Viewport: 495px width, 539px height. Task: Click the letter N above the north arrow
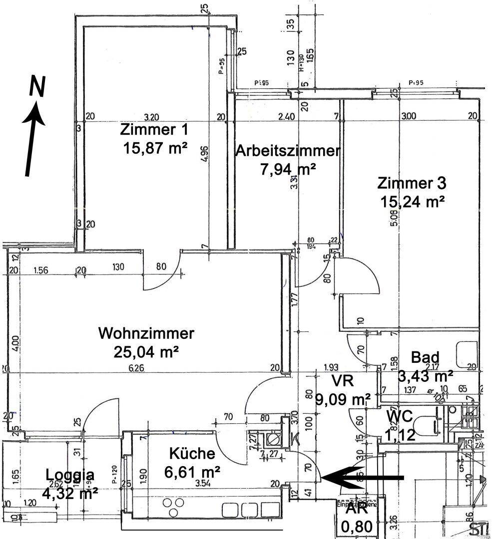point(37,86)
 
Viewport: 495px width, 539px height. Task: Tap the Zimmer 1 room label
point(154,130)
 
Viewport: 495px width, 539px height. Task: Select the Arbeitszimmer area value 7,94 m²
point(288,169)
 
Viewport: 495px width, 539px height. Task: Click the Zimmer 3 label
point(412,183)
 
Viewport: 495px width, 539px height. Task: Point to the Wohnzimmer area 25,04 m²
point(146,352)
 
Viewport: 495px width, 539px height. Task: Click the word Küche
point(192,454)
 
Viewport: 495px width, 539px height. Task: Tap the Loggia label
point(70,474)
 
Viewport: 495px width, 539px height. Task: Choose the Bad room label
point(425,357)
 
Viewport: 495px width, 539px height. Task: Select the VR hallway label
point(343,381)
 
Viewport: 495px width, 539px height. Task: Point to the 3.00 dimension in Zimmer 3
point(408,117)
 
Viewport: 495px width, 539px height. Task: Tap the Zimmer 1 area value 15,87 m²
point(154,148)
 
